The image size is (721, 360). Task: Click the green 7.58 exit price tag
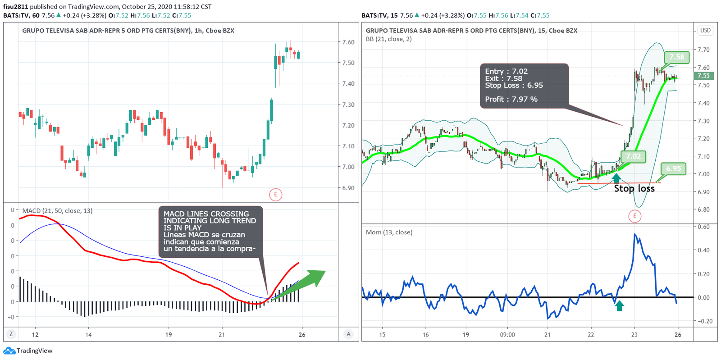click(x=676, y=57)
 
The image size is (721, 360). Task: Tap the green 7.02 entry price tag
click(x=633, y=156)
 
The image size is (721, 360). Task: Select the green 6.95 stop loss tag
click(x=673, y=169)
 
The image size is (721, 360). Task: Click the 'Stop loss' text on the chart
click(x=634, y=188)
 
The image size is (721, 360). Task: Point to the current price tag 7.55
click(x=703, y=76)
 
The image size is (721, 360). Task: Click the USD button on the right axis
click(x=705, y=31)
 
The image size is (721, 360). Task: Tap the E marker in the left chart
click(x=275, y=195)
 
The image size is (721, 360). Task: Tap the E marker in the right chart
click(x=634, y=216)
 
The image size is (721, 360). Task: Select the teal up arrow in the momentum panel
click(x=620, y=306)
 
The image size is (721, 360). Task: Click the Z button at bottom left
click(x=11, y=334)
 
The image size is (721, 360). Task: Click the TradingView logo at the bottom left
click(x=28, y=351)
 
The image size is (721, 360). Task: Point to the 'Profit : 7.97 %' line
click(x=511, y=99)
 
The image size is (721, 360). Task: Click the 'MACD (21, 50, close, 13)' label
click(x=57, y=210)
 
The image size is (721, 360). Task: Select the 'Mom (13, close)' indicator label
click(x=389, y=232)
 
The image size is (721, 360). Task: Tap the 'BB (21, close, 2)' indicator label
click(x=388, y=39)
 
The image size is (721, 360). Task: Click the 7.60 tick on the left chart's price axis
click(x=348, y=42)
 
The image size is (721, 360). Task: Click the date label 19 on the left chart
click(x=169, y=335)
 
